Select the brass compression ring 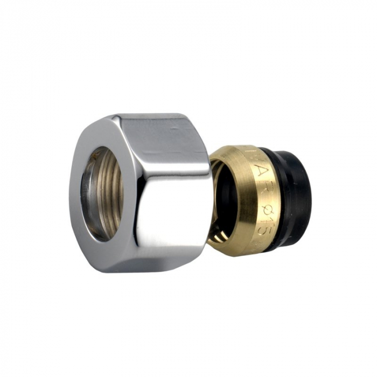coord(242,199)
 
